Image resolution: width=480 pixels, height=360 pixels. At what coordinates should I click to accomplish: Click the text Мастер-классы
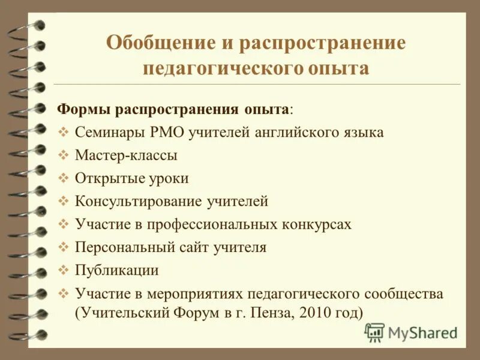tap(126, 155)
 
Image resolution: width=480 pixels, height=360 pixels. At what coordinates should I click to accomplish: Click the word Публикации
tap(117, 270)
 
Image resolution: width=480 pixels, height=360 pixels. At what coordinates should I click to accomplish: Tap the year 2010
tap(310, 313)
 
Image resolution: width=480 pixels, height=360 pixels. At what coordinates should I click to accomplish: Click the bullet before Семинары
tap(65, 133)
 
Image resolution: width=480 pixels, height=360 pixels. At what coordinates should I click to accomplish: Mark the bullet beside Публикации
tap(65, 270)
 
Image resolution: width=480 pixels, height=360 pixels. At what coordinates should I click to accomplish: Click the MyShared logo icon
tap(374, 332)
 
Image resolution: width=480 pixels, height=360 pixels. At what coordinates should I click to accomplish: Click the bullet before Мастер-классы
tap(65, 155)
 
